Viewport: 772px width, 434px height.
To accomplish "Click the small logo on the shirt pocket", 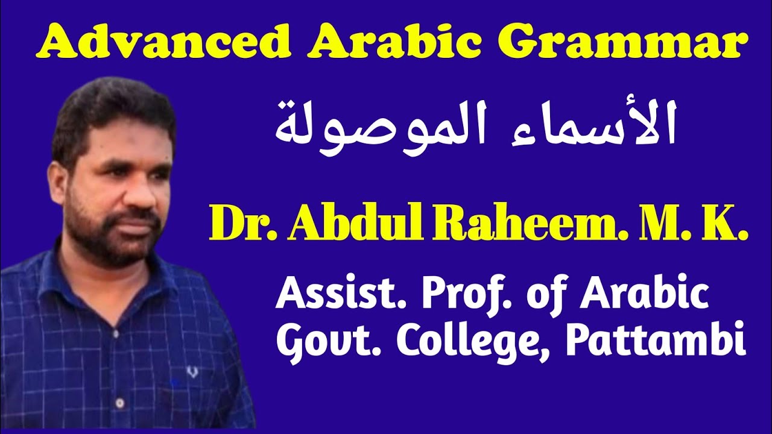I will (x=192, y=372).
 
